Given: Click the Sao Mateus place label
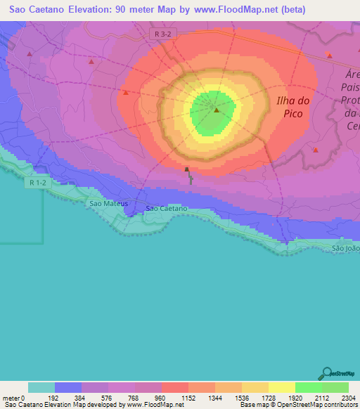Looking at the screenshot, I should pyautogui.click(x=109, y=203).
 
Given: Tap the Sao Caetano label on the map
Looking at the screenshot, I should pyautogui.click(x=167, y=209).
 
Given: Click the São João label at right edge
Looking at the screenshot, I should pyautogui.click(x=345, y=248).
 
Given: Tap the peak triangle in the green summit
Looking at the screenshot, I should pyautogui.click(x=217, y=110).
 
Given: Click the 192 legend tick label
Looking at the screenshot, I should pyautogui.click(x=54, y=398).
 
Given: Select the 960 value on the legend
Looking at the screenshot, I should pyautogui.click(x=161, y=398).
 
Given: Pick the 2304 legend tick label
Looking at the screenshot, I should pyautogui.click(x=348, y=398).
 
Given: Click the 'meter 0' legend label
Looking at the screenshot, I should pyautogui.click(x=15, y=398).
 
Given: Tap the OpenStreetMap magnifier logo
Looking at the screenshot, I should pyautogui.click(x=326, y=374).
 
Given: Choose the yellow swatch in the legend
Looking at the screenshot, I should pyautogui.click(x=281, y=387).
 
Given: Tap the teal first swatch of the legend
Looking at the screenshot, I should pyautogui.click(x=41, y=387).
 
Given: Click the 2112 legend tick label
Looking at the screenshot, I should pyautogui.click(x=321, y=398).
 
